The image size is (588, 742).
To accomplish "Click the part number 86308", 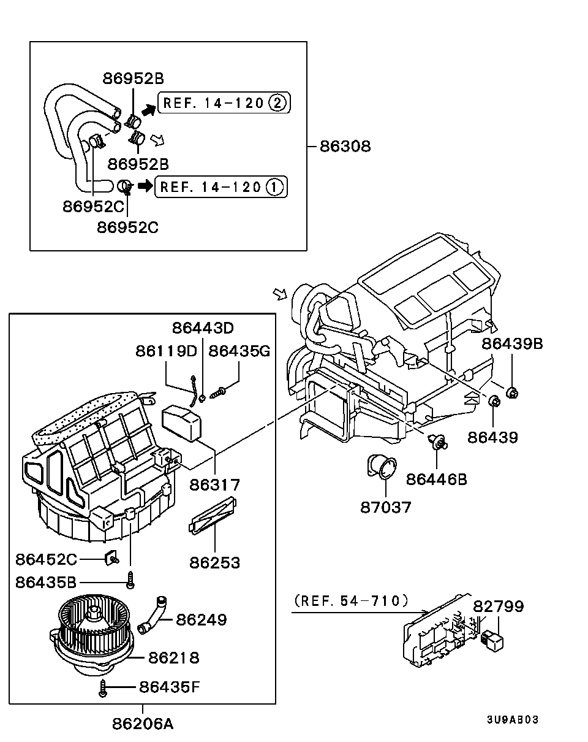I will coord(345,147).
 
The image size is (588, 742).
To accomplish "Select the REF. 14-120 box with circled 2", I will coord(224,103).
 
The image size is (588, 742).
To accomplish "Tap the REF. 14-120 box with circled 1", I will coord(221,186).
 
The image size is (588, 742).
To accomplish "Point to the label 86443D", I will coord(203,328).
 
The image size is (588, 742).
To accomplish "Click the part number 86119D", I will coord(166,351).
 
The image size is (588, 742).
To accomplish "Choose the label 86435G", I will coord(239,351).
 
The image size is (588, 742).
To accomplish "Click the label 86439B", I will coord(512,343).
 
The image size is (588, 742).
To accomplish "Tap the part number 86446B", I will coord(437,478).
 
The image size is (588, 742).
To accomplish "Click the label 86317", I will coord(214,484).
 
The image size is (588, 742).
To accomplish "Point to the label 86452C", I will coord(47,559).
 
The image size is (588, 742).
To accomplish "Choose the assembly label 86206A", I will coord(143,724).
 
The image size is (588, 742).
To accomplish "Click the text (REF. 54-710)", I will coord(350,601).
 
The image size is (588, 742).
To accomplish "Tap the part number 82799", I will coord(498,606).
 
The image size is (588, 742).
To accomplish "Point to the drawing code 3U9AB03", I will coord(513,720).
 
